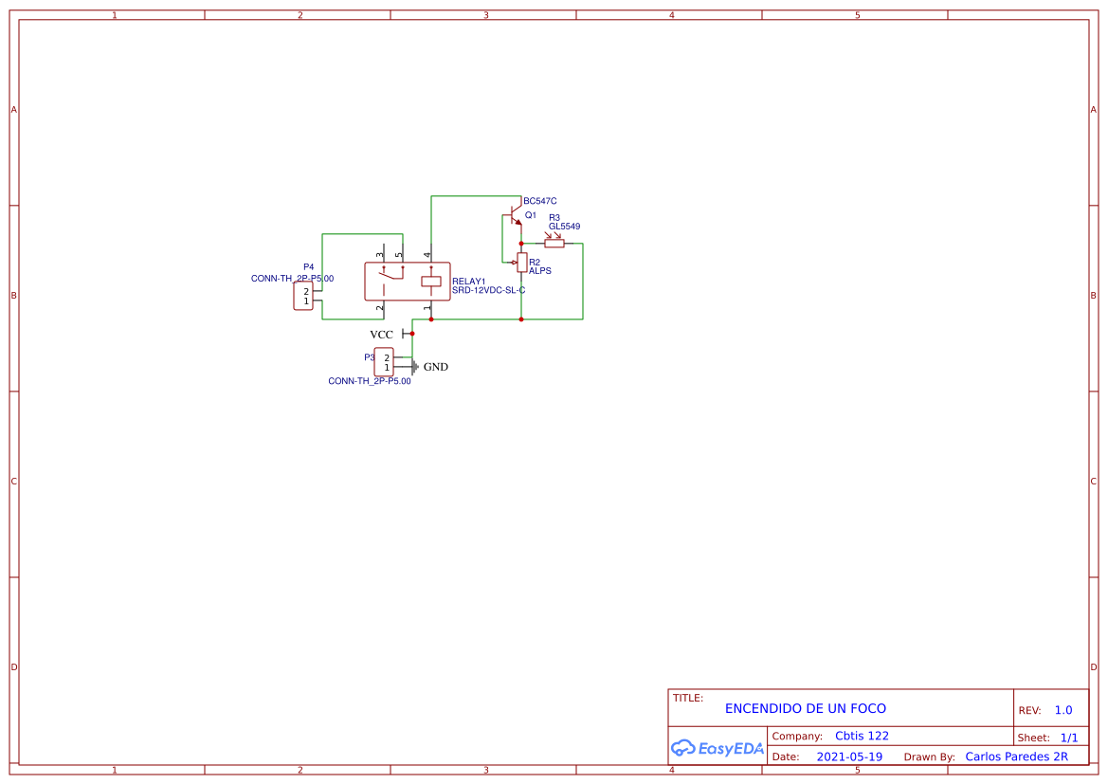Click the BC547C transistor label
(539, 201)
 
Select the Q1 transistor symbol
(515, 217)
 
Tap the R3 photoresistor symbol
(554, 243)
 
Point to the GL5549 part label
(564, 227)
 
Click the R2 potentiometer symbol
(521, 263)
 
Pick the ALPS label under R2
(539, 271)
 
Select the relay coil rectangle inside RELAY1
(430, 281)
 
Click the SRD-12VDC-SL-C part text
(488, 290)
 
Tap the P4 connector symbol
(303, 296)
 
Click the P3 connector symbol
(384, 362)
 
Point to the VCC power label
(381, 335)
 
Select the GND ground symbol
(415, 367)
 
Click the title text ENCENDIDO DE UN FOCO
(805, 708)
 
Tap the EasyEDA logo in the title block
(717, 748)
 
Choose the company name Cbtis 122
(862, 736)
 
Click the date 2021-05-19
(848, 757)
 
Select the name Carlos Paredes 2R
(1016, 757)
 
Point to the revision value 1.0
(1063, 710)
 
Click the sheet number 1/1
(1068, 738)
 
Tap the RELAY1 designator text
(468, 282)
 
